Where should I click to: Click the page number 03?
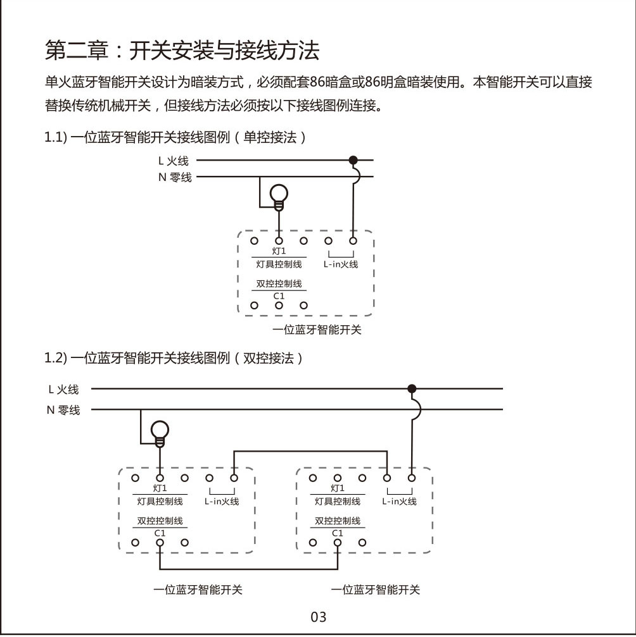pyautogui.click(x=319, y=617)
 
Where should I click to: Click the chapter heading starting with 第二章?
pyautogui.click(x=182, y=50)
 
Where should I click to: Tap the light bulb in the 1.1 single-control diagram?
pyautogui.click(x=279, y=195)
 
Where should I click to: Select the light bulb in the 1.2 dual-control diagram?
pyautogui.click(x=160, y=433)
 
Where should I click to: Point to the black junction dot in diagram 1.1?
pyautogui.click(x=353, y=160)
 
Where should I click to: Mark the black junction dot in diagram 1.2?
pyautogui.click(x=412, y=388)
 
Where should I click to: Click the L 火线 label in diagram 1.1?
pyautogui.click(x=174, y=161)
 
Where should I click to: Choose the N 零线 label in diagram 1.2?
pyautogui.click(x=63, y=410)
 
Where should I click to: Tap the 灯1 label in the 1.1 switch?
pyautogui.click(x=279, y=252)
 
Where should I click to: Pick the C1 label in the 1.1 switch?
pyautogui.click(x=279, y=296)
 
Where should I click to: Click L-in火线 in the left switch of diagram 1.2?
pyautogui.click(x=222, y=502)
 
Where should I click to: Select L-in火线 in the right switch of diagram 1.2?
pyautogui.click(x=399, y=502)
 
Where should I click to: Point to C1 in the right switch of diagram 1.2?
pyautogui.click(x=338, y=533)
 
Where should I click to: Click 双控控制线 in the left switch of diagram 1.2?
pyautogui.click(x=160, y=521)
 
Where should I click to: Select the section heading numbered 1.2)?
pyautogui.click(x=174, y=359)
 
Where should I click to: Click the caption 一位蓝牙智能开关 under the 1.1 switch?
pyautogui.click(x=317, y=330)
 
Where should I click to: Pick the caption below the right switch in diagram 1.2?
pyautogui.click(x=375, y=590)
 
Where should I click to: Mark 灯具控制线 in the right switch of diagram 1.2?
pyautogui.click(x=338, y=502)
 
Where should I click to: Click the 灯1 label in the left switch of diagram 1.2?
pyautogui.click(x=160, y=488)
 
